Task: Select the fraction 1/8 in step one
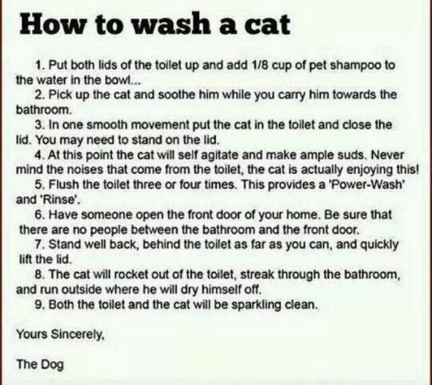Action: coord(260,66)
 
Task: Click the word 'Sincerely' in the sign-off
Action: coord(78,335)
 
